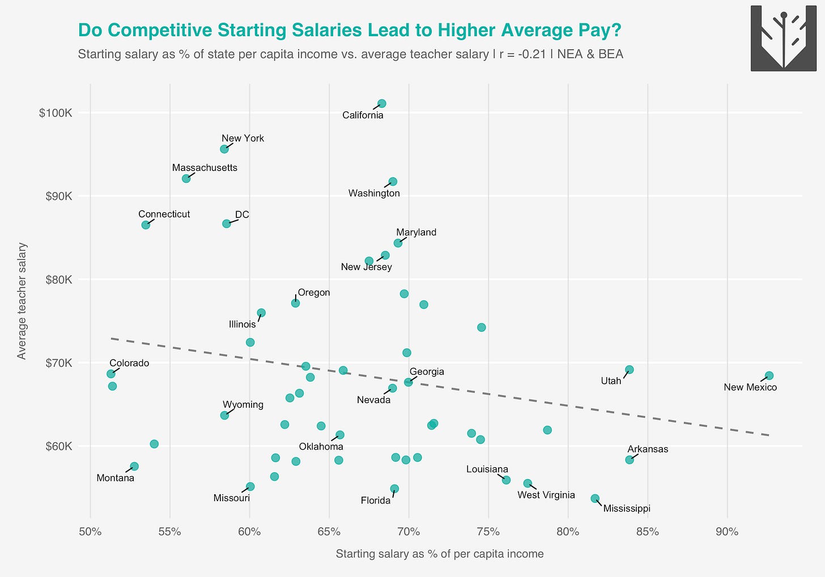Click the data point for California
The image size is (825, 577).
pos(381,104)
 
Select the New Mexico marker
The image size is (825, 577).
pos(769,376)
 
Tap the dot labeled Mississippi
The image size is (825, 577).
pos(595,498)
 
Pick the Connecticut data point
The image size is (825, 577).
pos(146,225)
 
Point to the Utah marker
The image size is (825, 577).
pos(629,370)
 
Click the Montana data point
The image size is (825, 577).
pos(134,467)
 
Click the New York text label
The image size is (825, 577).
pos(243,138)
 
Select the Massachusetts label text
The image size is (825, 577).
pos(205,168)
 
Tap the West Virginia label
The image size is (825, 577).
pos(546,495)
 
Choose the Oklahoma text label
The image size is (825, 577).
pos(321,446)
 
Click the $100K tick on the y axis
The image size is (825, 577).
pos(56,113)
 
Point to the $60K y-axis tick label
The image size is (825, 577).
pos(58,446)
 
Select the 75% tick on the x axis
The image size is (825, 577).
pos(488,532)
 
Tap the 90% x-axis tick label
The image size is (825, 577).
pos(726,532)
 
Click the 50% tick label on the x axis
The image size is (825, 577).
pos(90,532)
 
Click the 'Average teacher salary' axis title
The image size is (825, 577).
pos(22,301)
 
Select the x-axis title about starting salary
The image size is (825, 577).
pos(439,554)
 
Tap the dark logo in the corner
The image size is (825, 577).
pos(783,39)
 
